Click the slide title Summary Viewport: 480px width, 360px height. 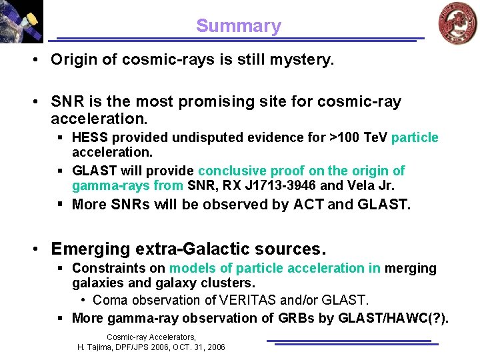coord(239,26)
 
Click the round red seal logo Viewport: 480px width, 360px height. coord(457,23)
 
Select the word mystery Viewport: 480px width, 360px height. coord(299,60)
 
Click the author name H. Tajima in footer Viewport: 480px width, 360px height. coord(95,347)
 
